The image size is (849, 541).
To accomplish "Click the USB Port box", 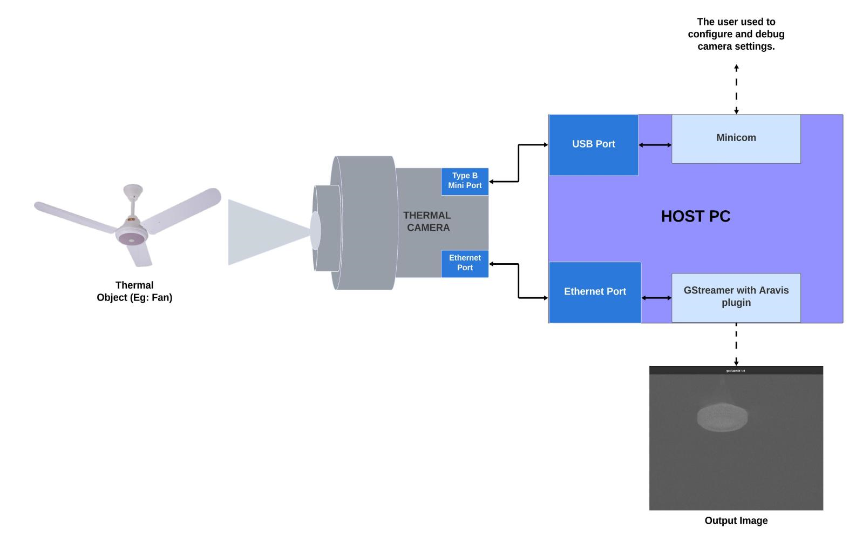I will point(593,144).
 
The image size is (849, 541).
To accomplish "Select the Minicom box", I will point(736,138).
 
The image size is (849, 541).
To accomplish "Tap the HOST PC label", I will point(695,216).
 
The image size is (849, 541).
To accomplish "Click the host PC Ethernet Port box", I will point(595,292).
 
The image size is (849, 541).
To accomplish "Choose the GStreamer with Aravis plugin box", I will point(736,297).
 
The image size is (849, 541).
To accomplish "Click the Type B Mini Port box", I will point(465,181).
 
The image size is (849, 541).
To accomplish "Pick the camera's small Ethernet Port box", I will point(465,263).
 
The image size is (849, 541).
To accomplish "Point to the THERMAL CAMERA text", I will point(427,222).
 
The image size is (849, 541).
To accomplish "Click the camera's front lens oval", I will point(315,230).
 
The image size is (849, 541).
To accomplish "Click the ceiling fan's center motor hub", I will point(132,236).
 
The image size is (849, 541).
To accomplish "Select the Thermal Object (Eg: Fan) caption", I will point(134,291).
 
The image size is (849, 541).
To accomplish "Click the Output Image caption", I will point(736,520).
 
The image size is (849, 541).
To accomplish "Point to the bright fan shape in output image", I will point(722,417).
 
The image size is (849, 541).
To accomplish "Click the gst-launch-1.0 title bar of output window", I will point(736,371).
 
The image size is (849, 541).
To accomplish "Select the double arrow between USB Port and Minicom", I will point(655,145).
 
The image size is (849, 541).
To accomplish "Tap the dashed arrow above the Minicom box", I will point(736,89).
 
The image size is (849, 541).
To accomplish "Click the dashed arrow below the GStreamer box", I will point(736,344).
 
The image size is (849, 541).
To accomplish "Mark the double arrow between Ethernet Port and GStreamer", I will point(656,298).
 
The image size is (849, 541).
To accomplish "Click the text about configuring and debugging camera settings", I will point(736,34).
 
